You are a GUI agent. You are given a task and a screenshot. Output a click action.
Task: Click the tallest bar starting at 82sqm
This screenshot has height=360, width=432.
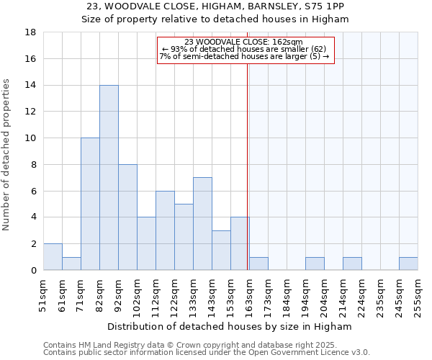point(109,178)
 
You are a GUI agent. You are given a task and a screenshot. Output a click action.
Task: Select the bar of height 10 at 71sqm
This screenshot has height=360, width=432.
point(90,204)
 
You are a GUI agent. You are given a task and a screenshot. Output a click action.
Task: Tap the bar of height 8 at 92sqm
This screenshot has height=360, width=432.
point(127,217)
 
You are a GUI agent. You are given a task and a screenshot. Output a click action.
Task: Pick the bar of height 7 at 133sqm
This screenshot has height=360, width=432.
point(202,224)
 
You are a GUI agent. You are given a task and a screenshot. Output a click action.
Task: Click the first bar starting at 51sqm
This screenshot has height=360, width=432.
point(53,257)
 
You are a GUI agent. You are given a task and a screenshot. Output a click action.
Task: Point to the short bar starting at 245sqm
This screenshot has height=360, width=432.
point(408,264)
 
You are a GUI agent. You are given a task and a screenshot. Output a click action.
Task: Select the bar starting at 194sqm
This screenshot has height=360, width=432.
point(315,264)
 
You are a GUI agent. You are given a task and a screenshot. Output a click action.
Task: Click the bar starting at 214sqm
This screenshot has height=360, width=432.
point(352,264)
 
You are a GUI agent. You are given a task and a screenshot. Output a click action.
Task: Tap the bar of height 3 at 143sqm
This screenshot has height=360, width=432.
point(221,251)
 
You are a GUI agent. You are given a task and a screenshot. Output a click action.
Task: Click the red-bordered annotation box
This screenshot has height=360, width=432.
point(246,50)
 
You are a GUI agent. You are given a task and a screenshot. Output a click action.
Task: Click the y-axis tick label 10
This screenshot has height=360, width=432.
point(30,138)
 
